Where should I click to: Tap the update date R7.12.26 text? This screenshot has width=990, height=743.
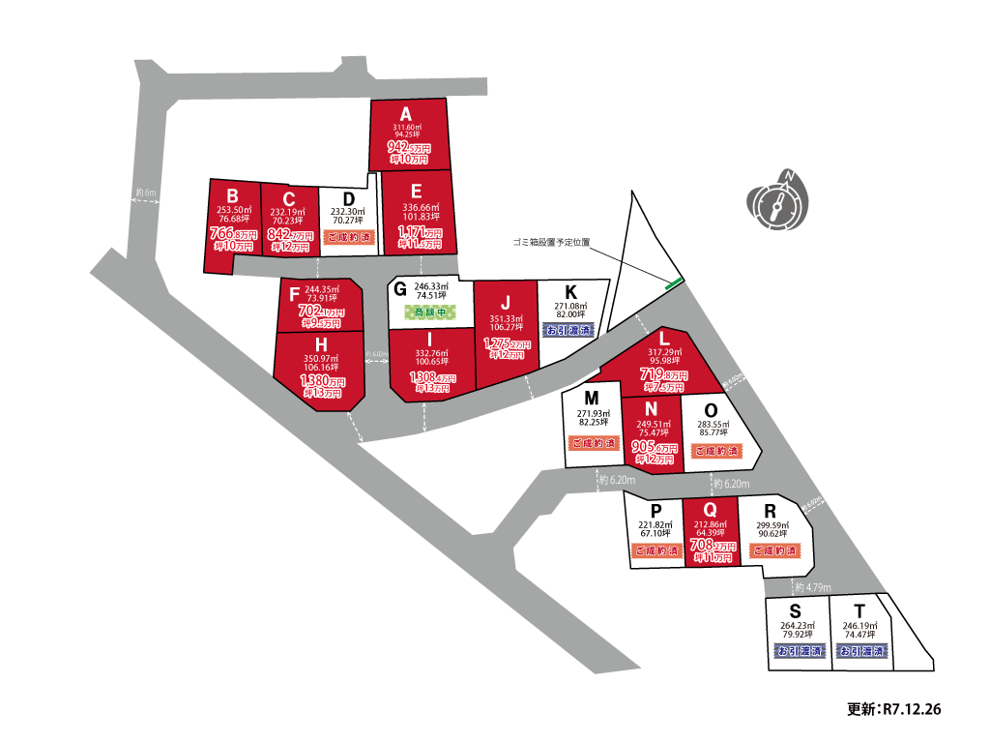click(894, 709)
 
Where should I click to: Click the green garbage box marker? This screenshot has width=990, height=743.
click(674, 283)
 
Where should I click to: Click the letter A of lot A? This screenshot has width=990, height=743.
click(406, 112)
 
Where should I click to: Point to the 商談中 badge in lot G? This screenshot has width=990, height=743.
click(431, 312)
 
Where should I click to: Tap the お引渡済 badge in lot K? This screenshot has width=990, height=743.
click(572, 330)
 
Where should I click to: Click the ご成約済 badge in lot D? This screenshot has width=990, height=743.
click(348, 237)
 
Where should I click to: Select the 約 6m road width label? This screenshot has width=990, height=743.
click(146, 193)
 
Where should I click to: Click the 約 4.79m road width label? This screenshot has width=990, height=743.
click(812, 586)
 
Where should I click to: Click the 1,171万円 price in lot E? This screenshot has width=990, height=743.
click(418, 233)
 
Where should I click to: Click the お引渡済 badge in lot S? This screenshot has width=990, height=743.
click(799, 652)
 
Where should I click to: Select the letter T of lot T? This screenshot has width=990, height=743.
click(859, 611)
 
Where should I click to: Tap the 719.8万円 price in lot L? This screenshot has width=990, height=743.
click(663, 373)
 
